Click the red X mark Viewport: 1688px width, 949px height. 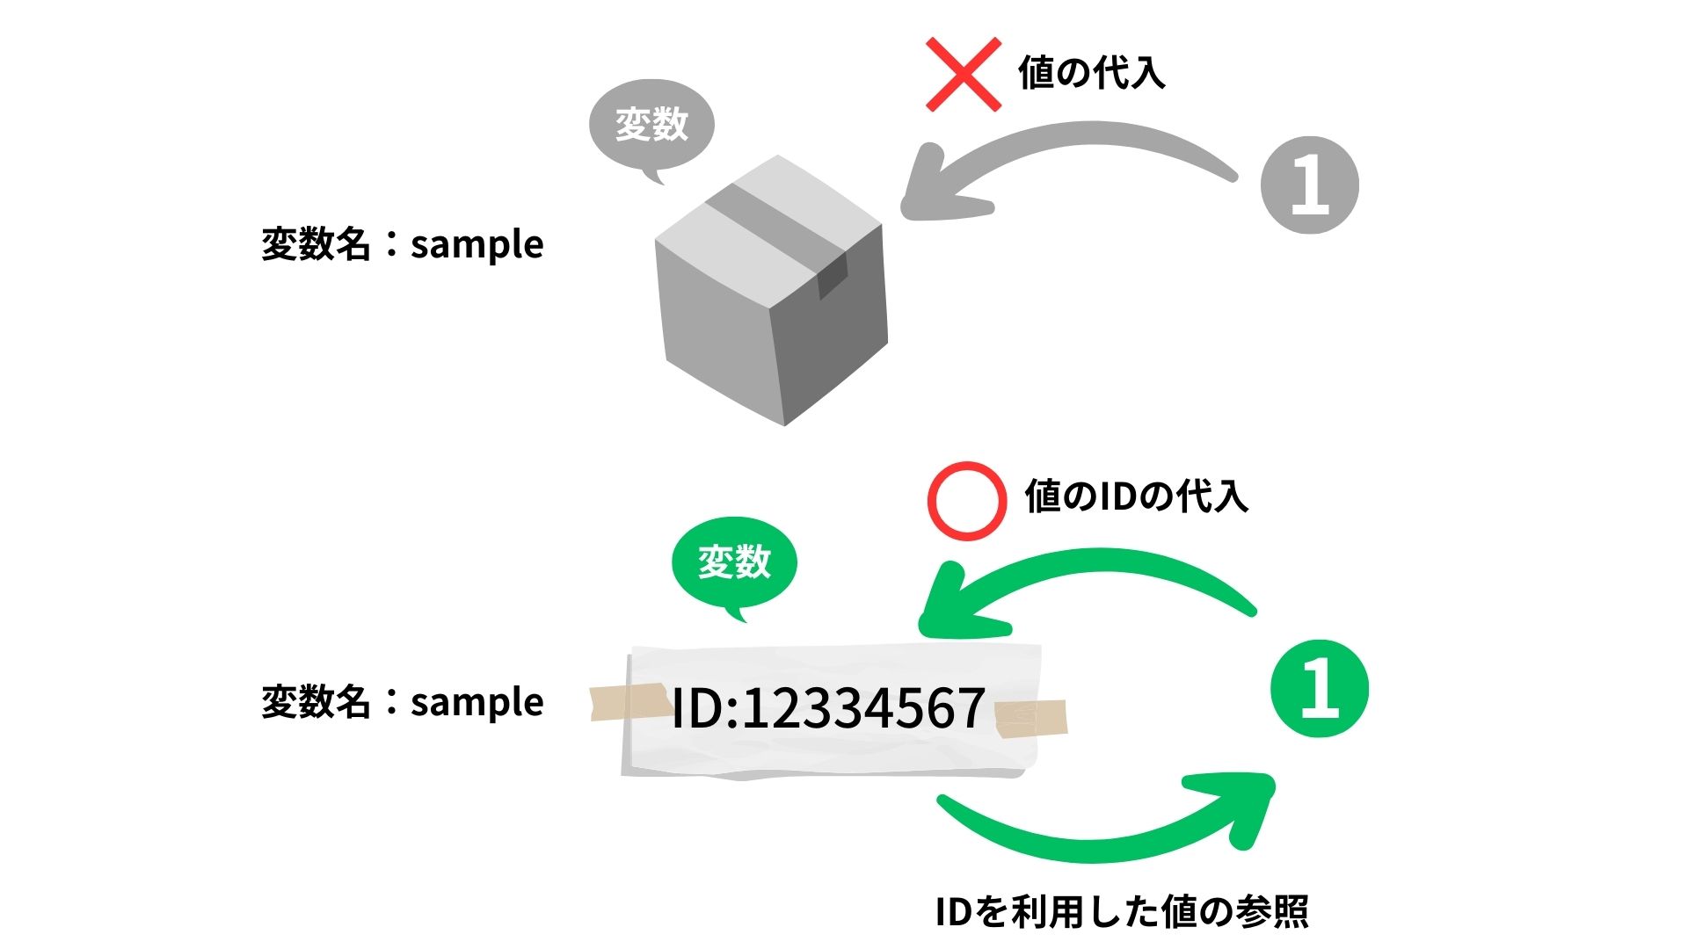(x=964, y=75)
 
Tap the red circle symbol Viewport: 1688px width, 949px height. (x=966, y=500)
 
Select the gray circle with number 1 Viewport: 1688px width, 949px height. (x=1309, y=185)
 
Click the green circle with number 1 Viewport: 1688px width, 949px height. (x=1320, y=689)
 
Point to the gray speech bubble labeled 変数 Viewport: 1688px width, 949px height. (x=651, y=125)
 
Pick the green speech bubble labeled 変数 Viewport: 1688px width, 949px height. (x=734, y=562)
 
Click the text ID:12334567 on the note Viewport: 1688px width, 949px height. (x=827, y=709)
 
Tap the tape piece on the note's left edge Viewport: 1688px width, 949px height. (x=626, y=702)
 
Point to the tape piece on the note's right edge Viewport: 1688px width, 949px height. (x=1031, y=718)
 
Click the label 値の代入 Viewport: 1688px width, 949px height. (x=1092, y=73)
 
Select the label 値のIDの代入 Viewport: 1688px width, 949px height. (x=1136, y=496)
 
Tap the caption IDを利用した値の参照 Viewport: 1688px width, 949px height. (x=1122, y=912)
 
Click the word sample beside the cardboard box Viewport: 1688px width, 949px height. (x=477, y=245)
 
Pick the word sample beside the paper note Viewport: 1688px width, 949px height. (x=477, y=703)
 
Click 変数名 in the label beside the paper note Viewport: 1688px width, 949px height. (x=315, y=702)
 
